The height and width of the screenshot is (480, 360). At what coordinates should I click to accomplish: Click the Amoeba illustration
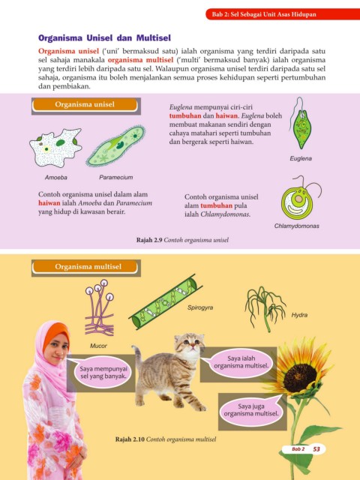(55, 148)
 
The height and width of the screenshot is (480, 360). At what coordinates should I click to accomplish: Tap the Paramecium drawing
(115, 145)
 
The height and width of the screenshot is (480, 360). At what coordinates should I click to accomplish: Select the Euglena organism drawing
(301, 124)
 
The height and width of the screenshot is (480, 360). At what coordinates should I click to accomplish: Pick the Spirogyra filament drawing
(165, 301)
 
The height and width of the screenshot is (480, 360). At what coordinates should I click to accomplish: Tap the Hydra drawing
(265, 308)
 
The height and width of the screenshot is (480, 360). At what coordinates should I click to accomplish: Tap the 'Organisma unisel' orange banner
(85, 105)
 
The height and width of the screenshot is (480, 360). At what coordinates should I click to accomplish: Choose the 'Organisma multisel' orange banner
(85, 267)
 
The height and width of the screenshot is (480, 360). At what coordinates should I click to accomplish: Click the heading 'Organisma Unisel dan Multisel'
(104, 38)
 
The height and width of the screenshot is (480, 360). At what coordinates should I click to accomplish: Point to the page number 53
(316, 449)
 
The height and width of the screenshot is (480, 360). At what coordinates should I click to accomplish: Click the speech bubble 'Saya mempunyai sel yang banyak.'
(103, 372)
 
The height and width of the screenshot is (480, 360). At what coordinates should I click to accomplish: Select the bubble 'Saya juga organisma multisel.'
(251, 410)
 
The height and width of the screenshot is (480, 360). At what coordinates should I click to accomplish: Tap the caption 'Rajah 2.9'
(149, 240)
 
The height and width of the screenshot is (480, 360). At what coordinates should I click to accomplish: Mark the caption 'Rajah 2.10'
(130, 439)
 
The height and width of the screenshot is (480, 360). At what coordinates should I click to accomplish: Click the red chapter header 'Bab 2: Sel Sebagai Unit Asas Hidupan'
(264, 14)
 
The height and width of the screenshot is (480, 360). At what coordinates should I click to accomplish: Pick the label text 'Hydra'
(299, 315)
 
